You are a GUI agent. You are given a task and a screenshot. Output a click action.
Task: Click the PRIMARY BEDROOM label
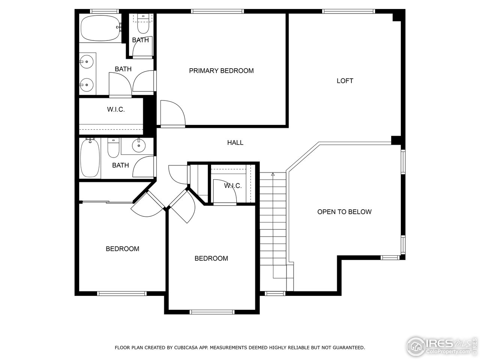[221, 70]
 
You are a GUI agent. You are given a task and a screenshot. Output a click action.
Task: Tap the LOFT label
[345, 81]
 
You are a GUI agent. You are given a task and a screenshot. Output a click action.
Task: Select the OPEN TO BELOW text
[344, 211]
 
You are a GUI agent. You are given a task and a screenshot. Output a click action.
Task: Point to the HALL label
[235, 142]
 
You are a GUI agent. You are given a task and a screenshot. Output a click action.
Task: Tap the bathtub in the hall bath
[90, 158]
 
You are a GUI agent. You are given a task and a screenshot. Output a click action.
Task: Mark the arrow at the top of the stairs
[273, 174]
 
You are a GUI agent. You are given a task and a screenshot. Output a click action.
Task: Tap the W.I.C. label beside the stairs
[232, 186]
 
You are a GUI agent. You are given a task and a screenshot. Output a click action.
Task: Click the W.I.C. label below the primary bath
[115, 109]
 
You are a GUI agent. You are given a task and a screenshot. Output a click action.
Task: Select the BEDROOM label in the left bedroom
[122, 249]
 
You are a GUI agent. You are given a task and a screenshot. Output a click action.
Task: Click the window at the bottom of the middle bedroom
[212, 312]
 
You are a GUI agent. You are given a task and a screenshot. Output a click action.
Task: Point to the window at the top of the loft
[349, 11]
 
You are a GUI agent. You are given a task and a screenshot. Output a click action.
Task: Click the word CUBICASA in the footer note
[186, 348]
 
